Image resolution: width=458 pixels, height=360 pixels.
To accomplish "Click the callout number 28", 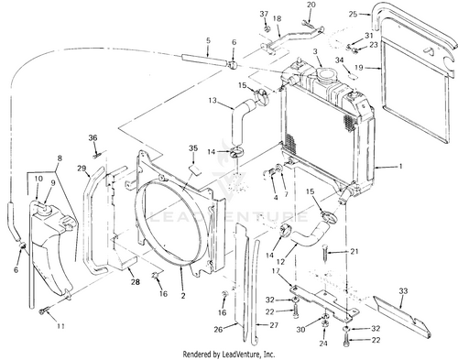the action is point(135,281).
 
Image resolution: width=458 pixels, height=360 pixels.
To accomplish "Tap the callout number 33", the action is point(403,291).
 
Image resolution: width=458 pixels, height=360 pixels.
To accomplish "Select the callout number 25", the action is point(353,14).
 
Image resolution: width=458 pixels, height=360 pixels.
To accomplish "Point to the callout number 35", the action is point(193,148).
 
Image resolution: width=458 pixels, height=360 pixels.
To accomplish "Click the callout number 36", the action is point(93,137).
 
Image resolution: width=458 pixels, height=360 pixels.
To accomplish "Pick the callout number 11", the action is point(60,326).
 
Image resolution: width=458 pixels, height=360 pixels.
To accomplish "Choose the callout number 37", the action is point(264,14).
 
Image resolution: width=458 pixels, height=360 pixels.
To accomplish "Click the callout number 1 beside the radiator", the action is point(400,167).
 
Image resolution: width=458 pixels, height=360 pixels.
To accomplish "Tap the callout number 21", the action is point(354,251).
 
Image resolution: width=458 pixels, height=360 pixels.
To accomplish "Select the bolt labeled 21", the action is point(325,252).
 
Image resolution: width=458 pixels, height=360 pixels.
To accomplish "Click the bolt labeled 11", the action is point(43,311).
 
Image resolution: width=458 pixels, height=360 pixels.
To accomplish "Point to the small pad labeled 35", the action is point(195,170).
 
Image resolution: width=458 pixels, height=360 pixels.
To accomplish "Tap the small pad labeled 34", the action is point(352,75).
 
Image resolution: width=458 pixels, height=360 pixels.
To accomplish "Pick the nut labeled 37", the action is point(267,29).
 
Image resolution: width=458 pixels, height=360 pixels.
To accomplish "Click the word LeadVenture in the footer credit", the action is point(241,355).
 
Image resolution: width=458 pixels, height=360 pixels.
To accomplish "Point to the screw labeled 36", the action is point(97,157).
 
